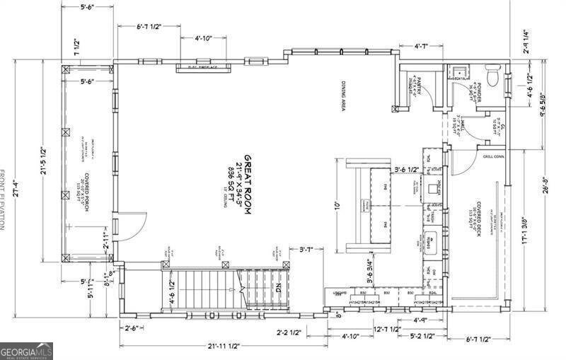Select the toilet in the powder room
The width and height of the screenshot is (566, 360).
tap(492, 74)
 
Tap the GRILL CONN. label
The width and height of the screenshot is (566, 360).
tap(492, 156)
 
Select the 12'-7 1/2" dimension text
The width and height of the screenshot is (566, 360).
tap(388, 328)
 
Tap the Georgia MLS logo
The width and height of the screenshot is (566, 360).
tap(26, 351)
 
